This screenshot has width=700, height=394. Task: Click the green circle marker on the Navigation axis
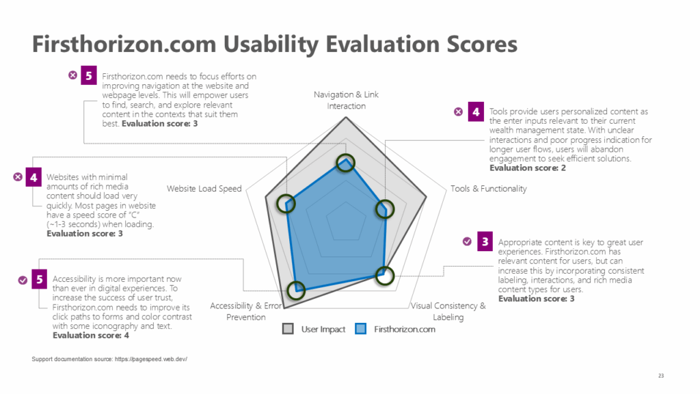(346, 163)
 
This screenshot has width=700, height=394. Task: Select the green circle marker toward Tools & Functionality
(385, 209)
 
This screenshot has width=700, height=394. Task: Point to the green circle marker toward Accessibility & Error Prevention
(296, 291)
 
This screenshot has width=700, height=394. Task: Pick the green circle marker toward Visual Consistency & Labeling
(385, 275)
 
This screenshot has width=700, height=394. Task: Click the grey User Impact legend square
(288, 329)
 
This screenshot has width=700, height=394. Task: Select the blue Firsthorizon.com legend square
(361, 329)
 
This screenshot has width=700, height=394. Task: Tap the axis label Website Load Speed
(204, 188)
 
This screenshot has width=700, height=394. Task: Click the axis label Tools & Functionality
(488, 188)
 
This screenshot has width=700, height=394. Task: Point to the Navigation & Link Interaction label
(346, 100)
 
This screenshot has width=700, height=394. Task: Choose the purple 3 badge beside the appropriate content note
(485, 241)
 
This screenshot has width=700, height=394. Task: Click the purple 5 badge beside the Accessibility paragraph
(40, 279)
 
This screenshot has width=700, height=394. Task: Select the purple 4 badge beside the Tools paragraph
(476, 111)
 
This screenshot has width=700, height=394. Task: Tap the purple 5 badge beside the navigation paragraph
(89, 75)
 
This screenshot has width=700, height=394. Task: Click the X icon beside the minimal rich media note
(18, 177)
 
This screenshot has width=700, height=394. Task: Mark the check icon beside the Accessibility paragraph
(23, 279)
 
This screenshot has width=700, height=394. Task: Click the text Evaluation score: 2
(527, 168)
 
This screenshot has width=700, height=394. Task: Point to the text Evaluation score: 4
(90, 335)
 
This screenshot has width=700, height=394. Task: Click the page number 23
(661, 376)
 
